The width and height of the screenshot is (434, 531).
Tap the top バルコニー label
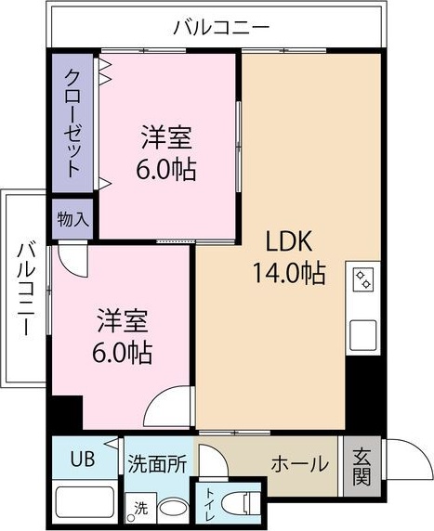pos(221,27)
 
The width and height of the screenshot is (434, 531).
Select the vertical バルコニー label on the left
pos(26,289)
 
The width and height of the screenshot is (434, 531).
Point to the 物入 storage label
pos(72,220)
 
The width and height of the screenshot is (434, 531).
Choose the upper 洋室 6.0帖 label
pos(166,154)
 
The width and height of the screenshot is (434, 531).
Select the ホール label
pos(297,462)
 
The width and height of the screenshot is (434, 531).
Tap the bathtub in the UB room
pos(85,502)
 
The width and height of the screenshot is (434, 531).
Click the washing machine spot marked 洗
pos(139,509)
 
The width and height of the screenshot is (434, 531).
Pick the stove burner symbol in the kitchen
pos(362,278)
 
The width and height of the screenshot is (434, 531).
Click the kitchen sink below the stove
pos(362,333)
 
